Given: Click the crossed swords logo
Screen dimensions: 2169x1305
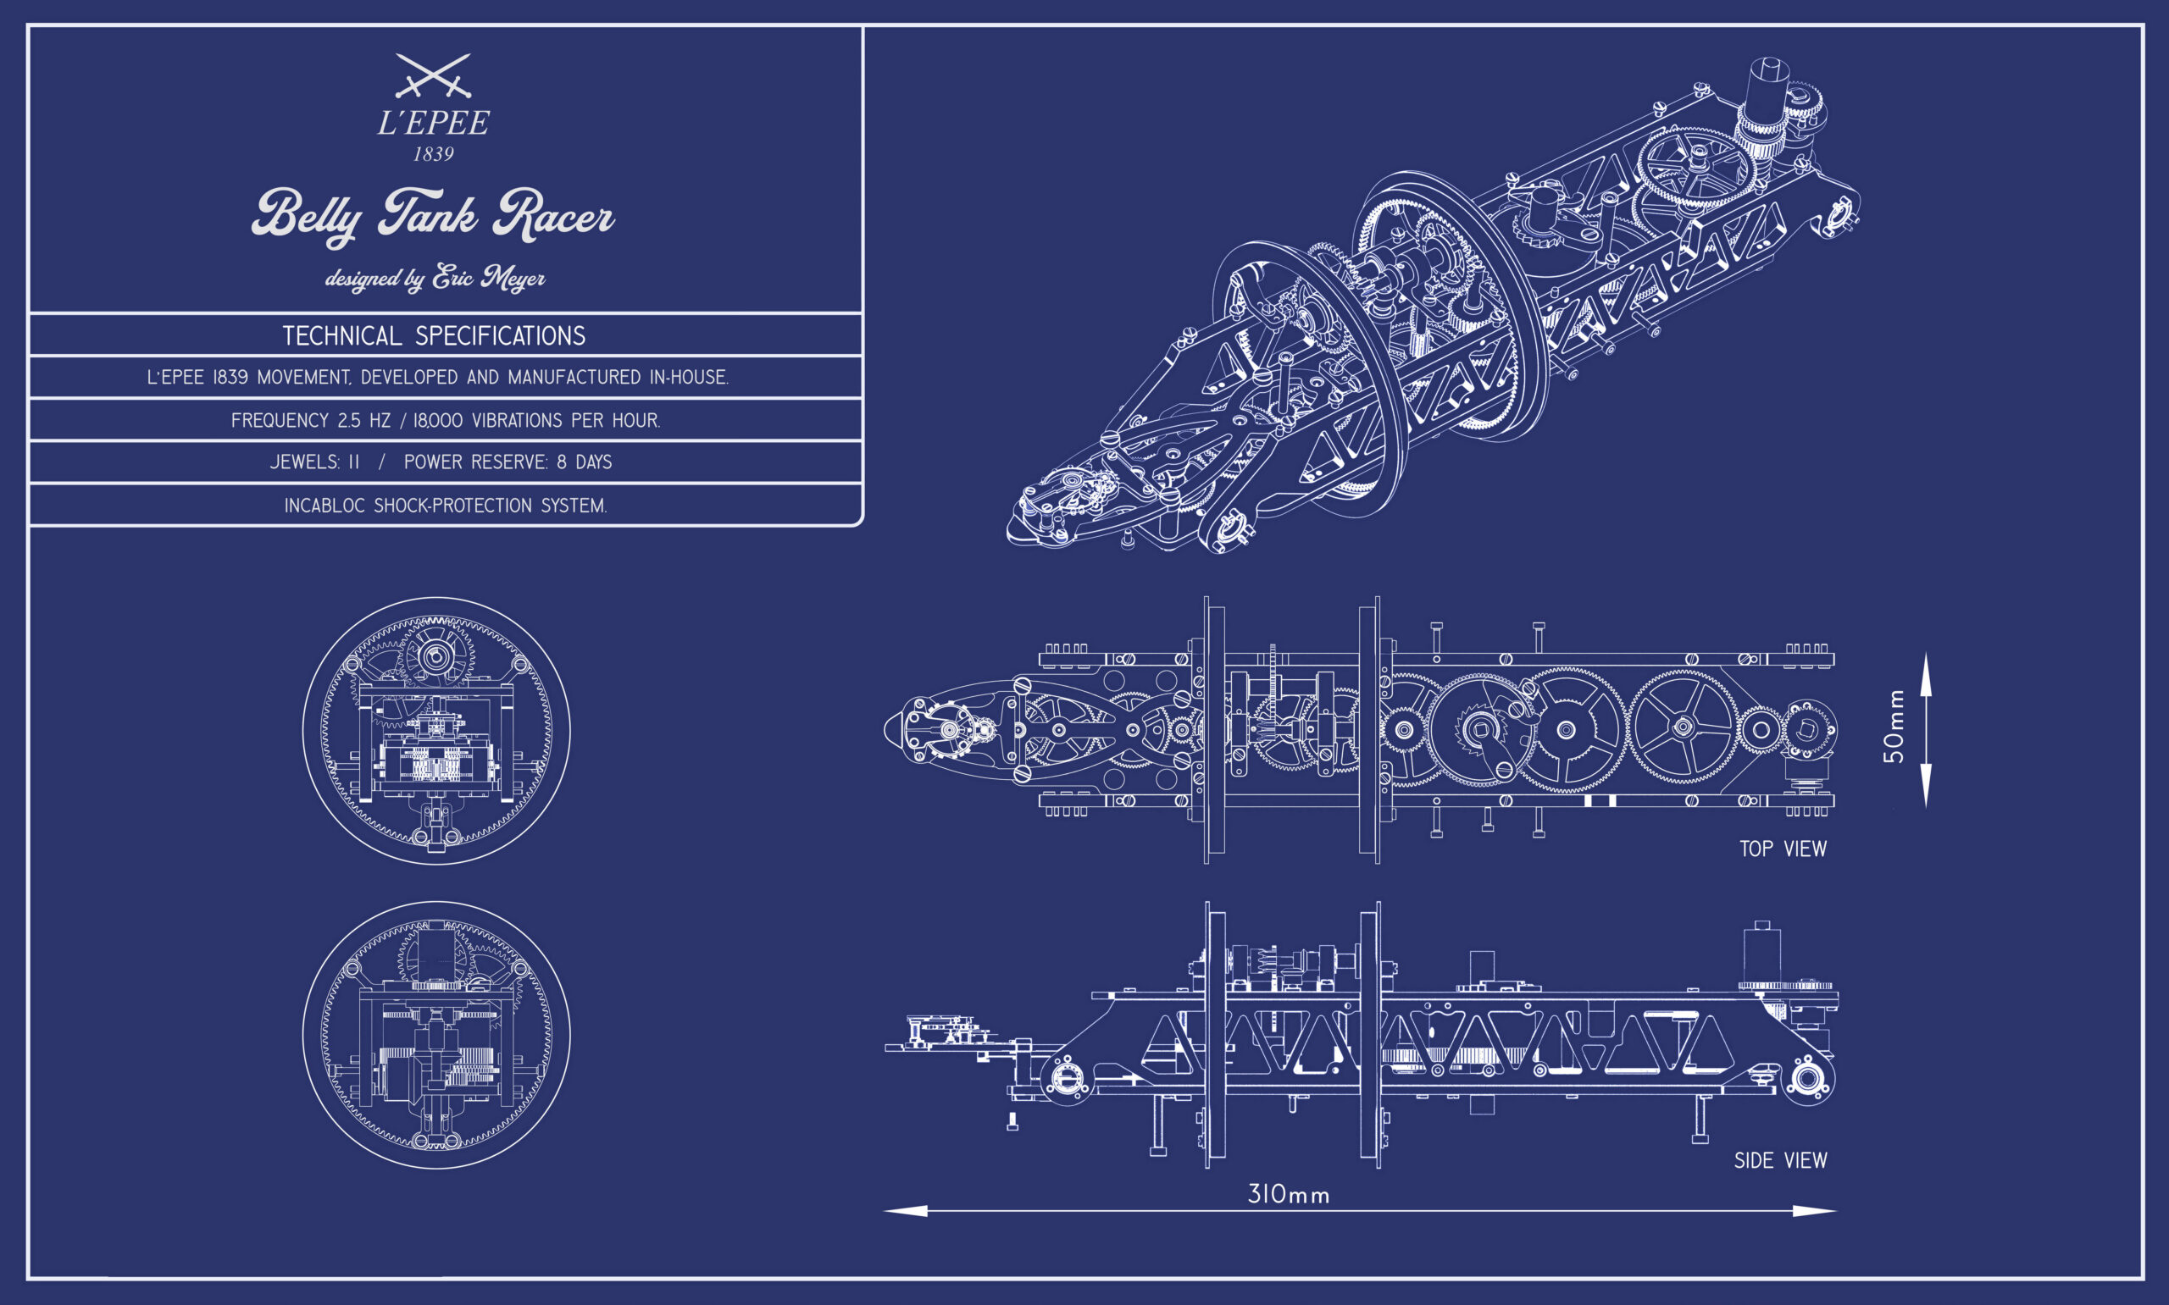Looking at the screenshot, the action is [433, 75].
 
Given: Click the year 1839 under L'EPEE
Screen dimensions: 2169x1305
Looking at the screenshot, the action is [434, 154].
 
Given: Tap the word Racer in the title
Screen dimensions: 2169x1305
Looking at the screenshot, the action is [553, 214].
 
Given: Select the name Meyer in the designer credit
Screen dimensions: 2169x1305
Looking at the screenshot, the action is [513, 279].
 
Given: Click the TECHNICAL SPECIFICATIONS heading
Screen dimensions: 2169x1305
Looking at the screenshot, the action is [434, 336].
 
